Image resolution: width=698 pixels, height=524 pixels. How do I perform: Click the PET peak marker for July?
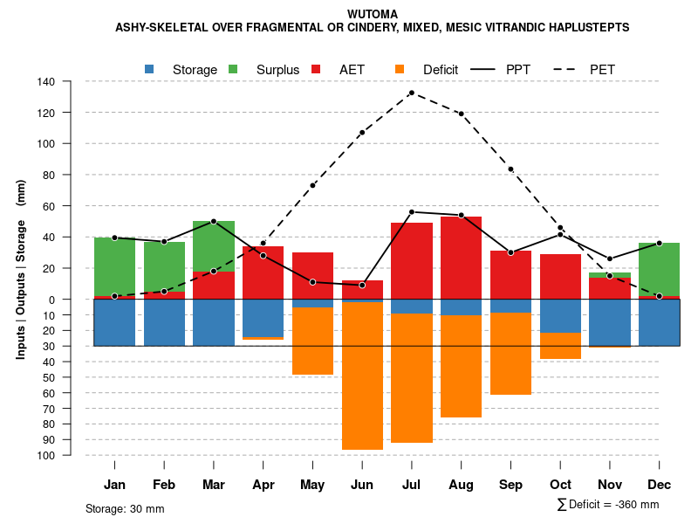tap(411, 93)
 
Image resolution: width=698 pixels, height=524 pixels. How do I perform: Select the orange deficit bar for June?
tap(362, 376)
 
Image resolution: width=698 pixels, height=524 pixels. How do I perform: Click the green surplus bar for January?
tap(114, 266)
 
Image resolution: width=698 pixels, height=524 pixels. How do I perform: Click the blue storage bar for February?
tap(164, 322)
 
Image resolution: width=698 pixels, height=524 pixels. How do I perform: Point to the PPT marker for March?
tap(214, 221)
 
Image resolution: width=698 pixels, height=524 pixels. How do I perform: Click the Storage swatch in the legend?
tap(149, 69)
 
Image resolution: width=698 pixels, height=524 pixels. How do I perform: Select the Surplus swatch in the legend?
tap(233, 69)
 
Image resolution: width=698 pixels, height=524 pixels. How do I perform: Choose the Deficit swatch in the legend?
tap(400, 69)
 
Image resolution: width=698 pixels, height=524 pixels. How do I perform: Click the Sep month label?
tap(510, 485)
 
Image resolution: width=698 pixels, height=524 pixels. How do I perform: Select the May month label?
tap(312, 485)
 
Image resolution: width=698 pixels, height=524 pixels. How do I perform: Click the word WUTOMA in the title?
tap(372, 14)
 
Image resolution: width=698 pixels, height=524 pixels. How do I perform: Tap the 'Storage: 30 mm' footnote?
tap(125, 508)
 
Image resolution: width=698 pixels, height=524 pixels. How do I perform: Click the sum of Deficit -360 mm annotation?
tap(608, 504)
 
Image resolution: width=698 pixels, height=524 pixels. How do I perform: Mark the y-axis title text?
tap(21, 269)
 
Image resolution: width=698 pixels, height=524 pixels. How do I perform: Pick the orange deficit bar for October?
tap(560, 346)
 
